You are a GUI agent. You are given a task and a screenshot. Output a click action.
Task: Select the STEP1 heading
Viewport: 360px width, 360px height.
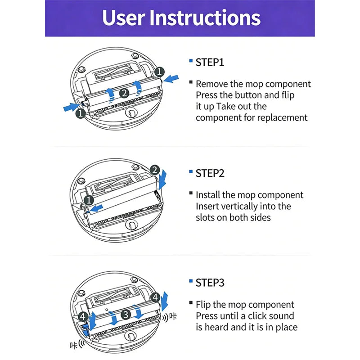coord(210,63)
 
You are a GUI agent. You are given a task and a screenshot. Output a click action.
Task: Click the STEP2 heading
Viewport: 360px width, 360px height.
coord(210,173)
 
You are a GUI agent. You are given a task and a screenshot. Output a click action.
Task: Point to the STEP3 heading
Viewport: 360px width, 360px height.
coord(210,283)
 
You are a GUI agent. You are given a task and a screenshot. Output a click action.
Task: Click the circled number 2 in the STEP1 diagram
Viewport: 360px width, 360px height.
coord(124,93)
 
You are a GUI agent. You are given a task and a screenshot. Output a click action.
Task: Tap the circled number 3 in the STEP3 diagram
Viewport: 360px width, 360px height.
coord(126,314)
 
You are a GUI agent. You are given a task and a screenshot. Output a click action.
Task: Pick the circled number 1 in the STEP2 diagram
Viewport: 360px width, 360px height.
coord(89,200)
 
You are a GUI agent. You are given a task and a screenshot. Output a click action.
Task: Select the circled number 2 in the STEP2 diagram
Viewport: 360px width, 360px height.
coord(155,170)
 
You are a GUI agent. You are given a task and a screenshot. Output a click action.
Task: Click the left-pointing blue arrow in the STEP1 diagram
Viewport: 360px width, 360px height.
coord(171,79)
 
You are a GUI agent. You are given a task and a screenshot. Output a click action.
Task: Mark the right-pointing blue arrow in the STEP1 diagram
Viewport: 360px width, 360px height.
coord(71,107)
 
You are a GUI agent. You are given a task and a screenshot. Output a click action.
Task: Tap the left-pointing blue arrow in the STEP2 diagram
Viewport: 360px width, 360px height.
coord(96,208)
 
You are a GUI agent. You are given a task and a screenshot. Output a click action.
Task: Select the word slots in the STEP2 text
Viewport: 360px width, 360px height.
coord(205,218)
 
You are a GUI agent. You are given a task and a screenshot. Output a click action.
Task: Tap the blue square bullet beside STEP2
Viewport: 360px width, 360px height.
coord(191,171)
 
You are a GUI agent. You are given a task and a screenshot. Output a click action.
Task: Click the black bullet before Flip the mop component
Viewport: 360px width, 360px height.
coord(191,302)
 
